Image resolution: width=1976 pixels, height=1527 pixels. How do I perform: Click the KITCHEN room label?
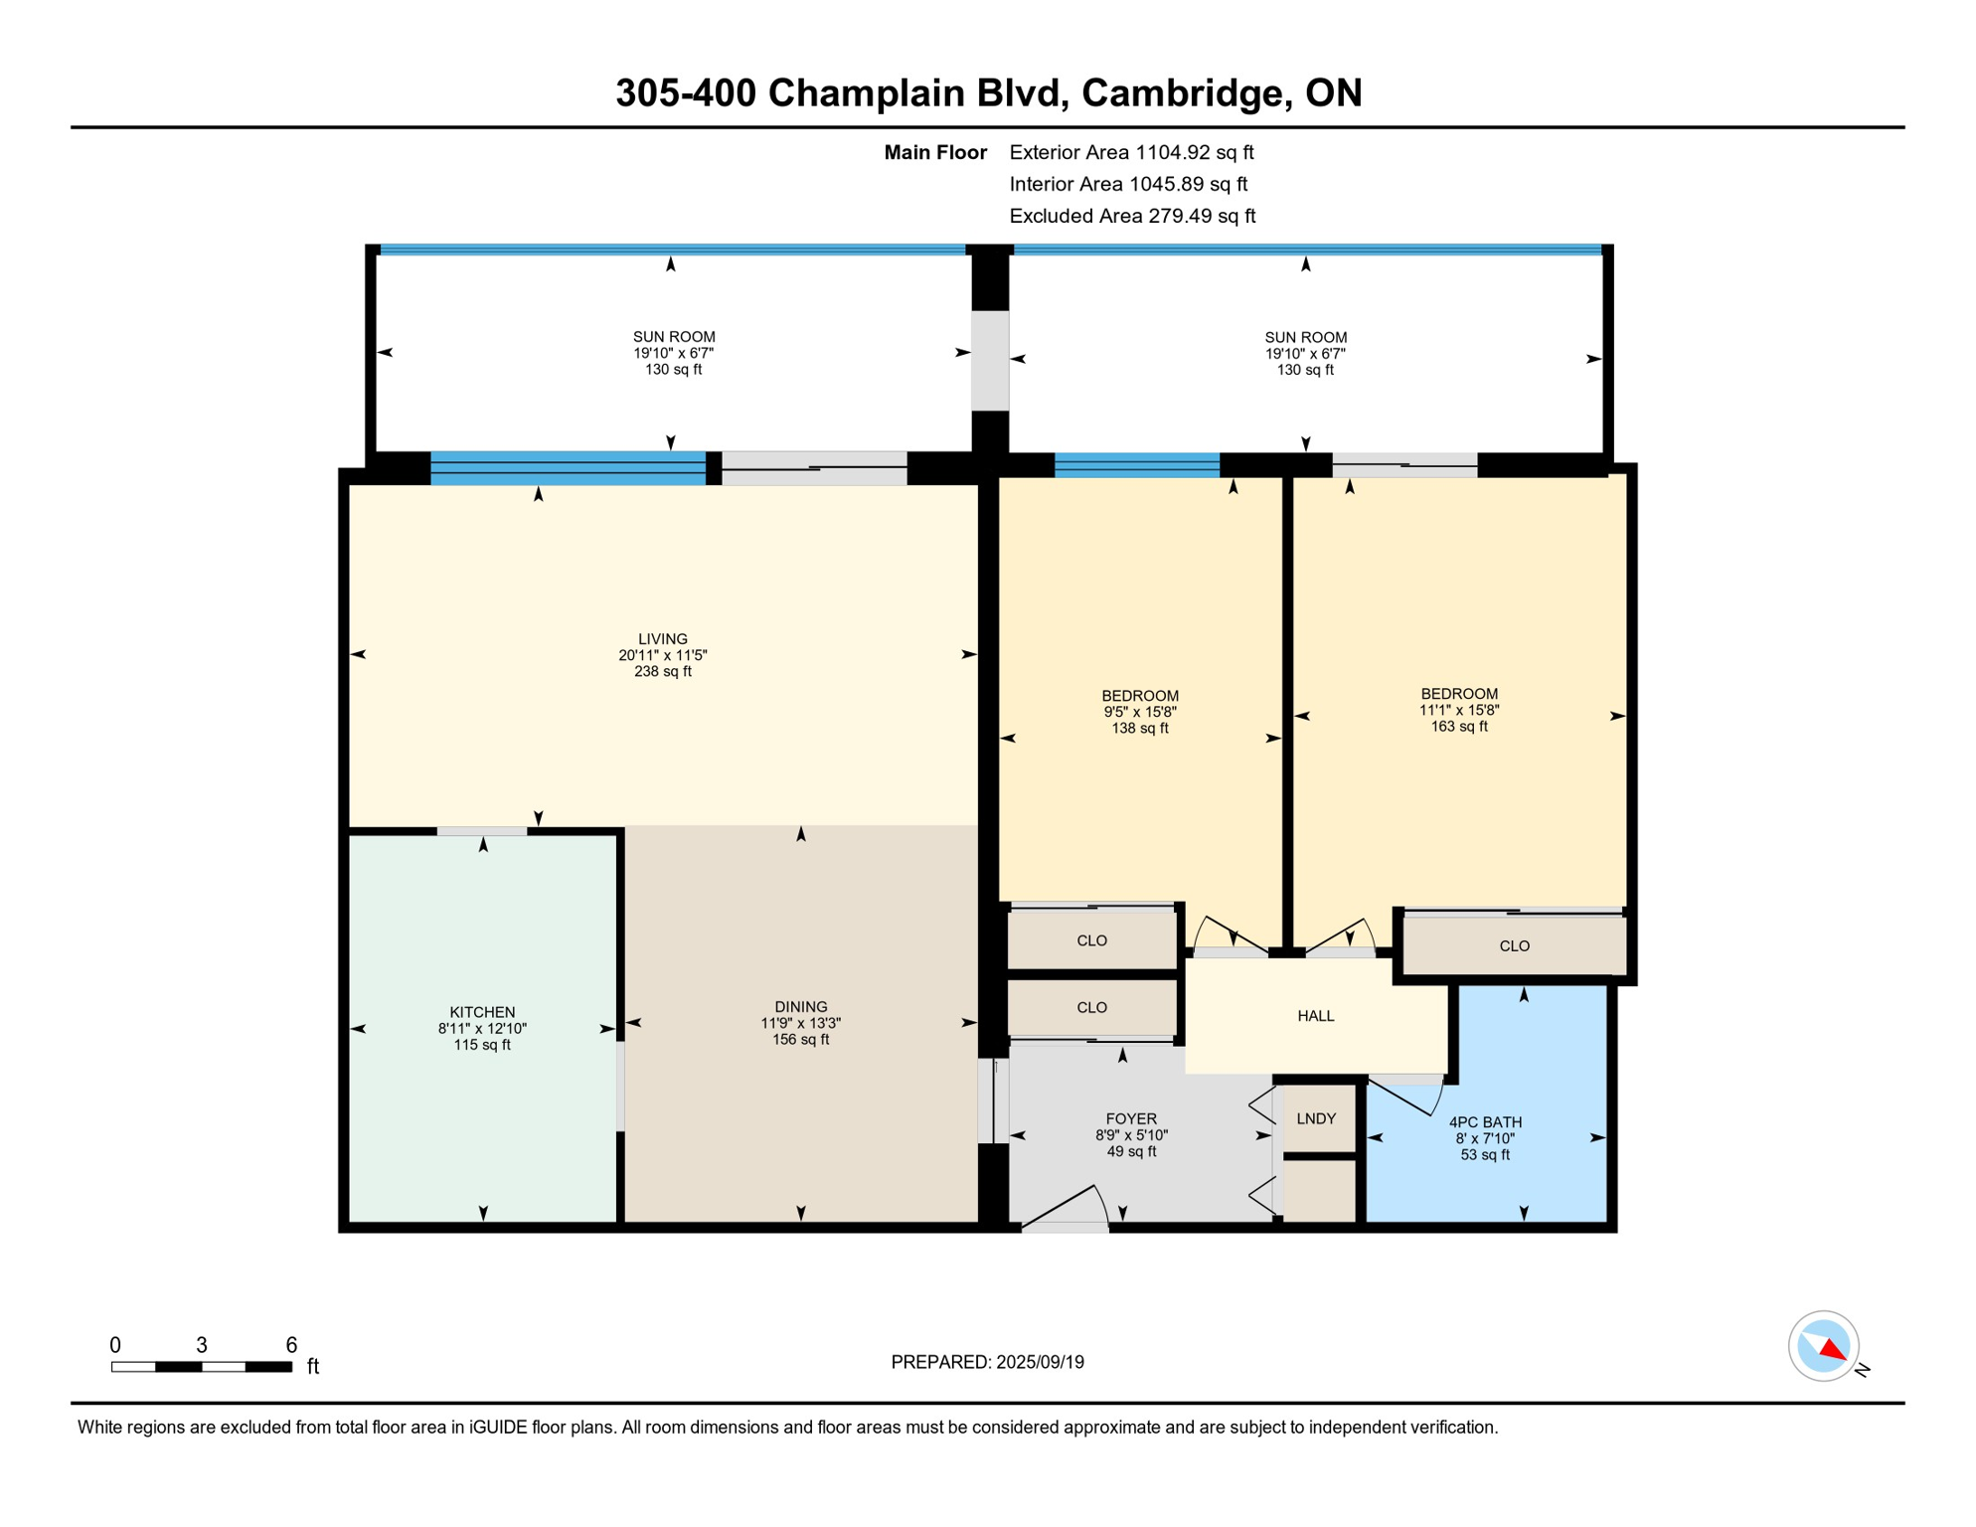482,1012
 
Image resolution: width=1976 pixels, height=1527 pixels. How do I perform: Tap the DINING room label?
801,1006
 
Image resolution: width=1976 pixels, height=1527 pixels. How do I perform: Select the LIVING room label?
663,638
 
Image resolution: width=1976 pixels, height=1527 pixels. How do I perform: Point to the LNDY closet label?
1316,1118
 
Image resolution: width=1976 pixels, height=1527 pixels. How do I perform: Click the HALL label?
1316,1016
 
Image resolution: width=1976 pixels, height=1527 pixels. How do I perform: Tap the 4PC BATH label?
1485,1122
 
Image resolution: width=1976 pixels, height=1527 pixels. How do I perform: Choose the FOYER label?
1131,1118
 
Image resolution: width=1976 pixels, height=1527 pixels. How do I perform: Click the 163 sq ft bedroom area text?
1459,727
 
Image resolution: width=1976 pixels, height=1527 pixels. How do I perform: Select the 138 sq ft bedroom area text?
1140,729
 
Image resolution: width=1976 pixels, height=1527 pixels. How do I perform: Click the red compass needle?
1835,1349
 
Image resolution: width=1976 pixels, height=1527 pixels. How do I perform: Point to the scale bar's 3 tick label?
202,1345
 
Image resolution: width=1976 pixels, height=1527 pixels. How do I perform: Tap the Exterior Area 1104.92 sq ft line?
1131,152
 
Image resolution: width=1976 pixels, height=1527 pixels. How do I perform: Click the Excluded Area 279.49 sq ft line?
1132,216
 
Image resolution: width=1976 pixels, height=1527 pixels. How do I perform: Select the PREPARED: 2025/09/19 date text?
987,1362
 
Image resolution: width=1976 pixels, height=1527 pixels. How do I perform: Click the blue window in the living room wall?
568,467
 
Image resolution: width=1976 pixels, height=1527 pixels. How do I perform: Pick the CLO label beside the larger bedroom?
1514,945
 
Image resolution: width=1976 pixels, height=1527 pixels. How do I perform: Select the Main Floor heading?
935,152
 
